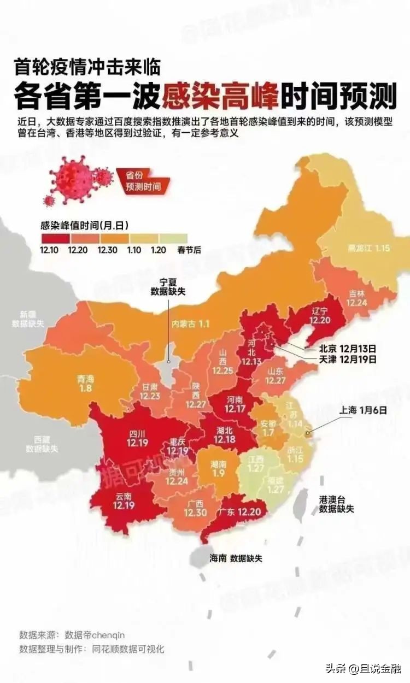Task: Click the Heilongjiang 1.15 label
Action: pos(369,248)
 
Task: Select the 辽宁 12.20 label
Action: pos(321,315)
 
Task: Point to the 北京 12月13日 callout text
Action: pos(348,348)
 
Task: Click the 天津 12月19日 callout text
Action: pos(348,360)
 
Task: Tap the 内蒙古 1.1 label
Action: pos(191,324)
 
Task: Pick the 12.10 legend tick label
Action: pos(49,250)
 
